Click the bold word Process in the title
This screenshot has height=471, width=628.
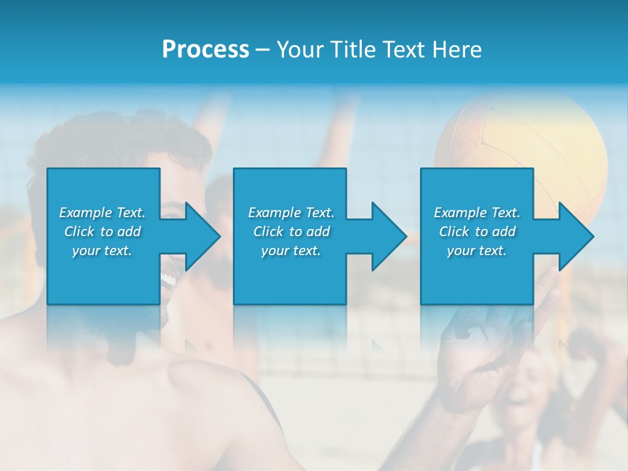pos(205,50)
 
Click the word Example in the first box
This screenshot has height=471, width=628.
pos(85,213)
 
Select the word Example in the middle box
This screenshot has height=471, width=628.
pos(274,213)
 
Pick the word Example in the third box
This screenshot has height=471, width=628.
pos(460,213)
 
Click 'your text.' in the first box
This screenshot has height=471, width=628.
pos(102,251)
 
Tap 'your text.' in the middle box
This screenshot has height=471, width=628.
pos(291,251)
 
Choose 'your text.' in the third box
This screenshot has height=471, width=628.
pos(477,251)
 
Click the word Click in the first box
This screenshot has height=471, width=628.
pos(80,232)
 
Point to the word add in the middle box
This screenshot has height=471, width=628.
pos(318,232)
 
